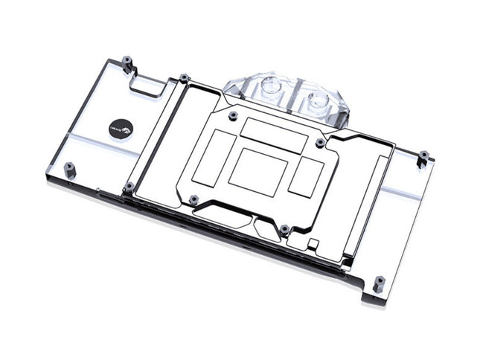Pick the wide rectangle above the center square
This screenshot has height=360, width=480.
tap(273, 134)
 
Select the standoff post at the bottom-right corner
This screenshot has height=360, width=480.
tap(379, 283)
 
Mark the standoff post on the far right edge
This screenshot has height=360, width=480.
tap(423, 158)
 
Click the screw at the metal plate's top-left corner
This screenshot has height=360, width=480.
tap(182, 77)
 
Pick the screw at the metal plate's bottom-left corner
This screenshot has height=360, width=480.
tap(129, 186)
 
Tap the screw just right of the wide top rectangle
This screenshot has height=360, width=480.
tap(320, 141)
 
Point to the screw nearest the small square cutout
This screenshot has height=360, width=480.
tap(284, 228)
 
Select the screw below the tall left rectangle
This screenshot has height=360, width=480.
tap(193, 199)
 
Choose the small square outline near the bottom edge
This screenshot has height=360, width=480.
tap(313, 242)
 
